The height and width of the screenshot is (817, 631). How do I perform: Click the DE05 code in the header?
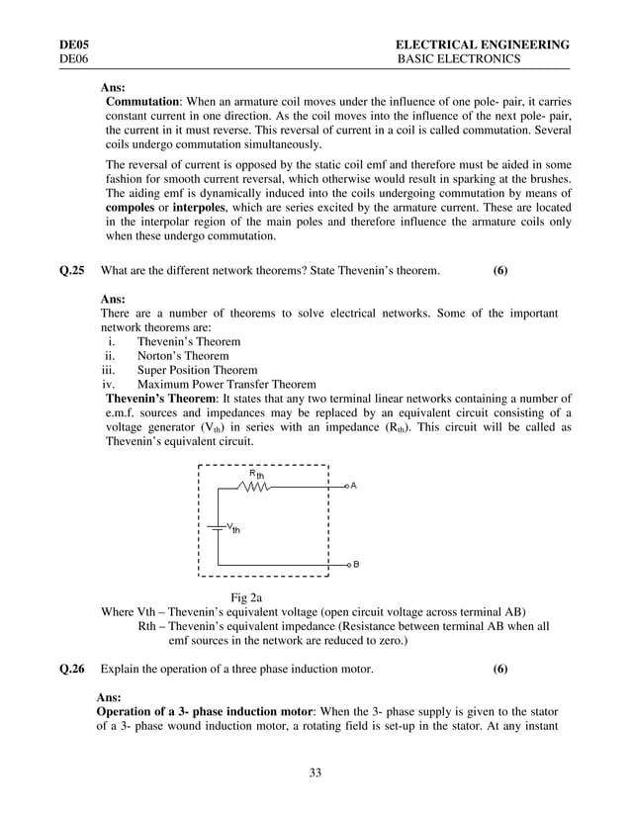click(75, 45)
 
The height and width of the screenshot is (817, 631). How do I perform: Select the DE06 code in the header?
click(75, 59)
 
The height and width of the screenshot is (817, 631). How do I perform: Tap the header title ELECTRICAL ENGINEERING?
click(482, 45)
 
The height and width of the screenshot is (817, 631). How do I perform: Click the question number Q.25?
click(72, 271)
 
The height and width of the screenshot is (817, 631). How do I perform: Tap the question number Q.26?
click(72, 670)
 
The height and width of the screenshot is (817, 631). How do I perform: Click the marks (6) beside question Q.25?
click(500, 271)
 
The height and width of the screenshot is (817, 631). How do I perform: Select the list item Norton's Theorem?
click(183, 356)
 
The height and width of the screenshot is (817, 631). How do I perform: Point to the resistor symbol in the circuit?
click(253, 487)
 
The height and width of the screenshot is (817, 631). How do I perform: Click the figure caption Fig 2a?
click(246, 596)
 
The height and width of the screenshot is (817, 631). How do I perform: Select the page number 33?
click(315, 772)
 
